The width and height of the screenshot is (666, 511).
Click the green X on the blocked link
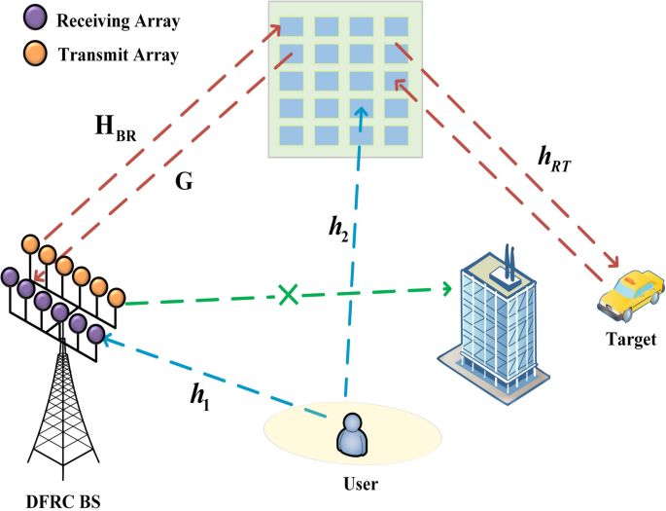pos(288,293)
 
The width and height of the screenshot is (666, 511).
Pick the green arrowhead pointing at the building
pos(446,287)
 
